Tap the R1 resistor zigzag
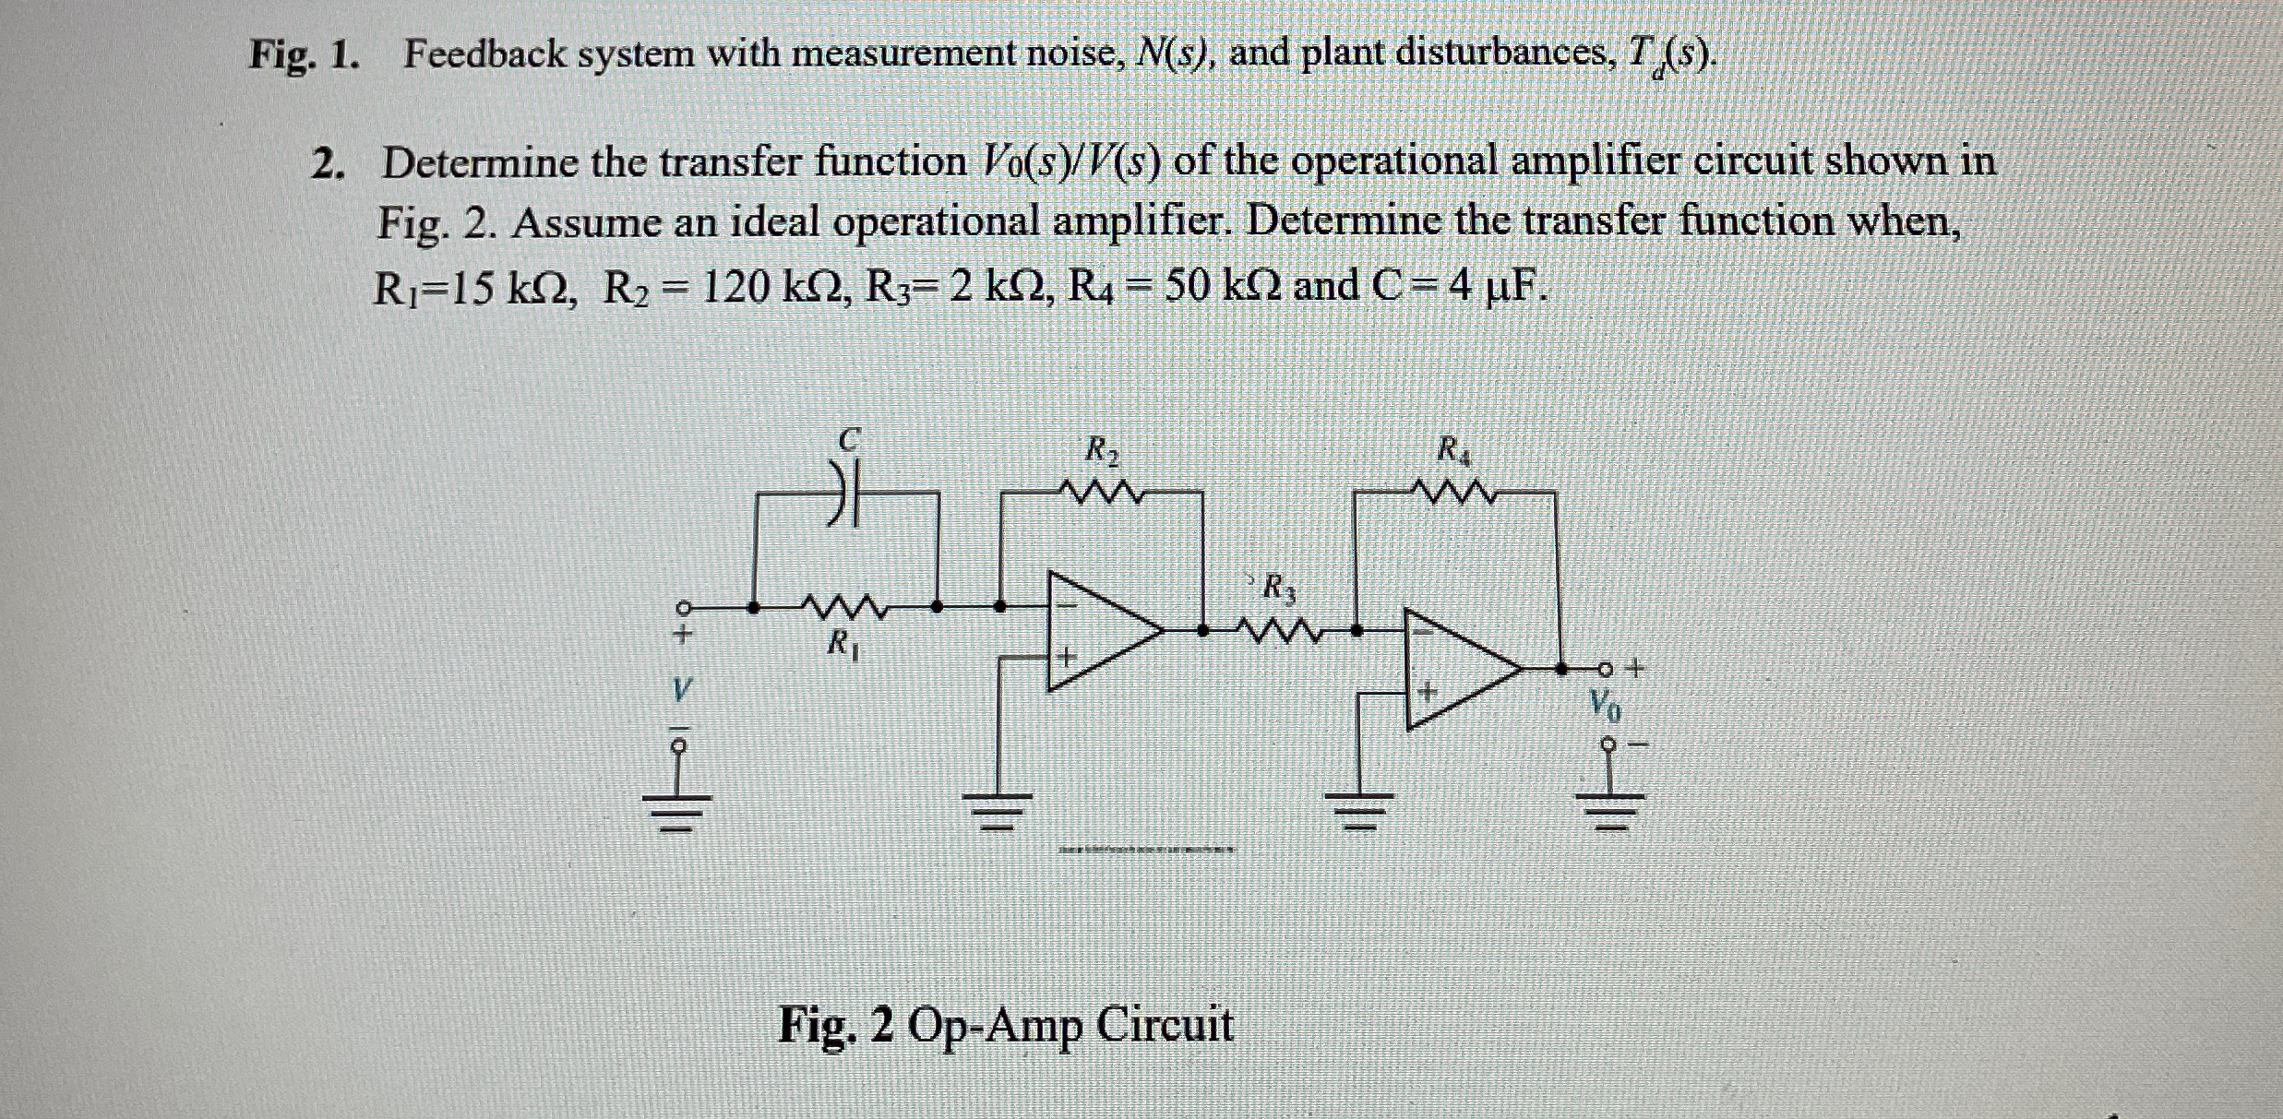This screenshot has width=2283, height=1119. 845,609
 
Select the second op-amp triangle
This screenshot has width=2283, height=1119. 1458,669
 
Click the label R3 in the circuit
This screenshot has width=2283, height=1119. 1278,587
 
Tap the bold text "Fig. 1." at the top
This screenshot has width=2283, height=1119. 304,55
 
